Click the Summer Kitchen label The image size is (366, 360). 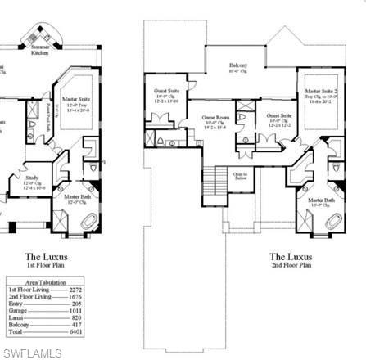[x=40, y=50]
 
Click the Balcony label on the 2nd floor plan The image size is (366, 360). [x=237, y=65]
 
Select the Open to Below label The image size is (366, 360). [x=240, y=175]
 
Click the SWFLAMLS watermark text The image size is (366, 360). [x=32, y=353]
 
